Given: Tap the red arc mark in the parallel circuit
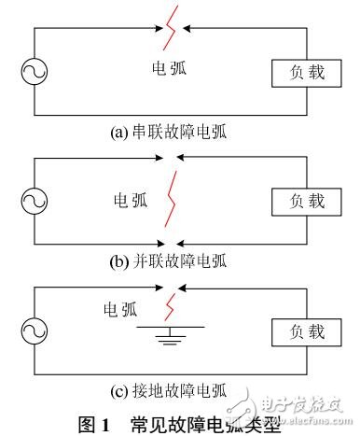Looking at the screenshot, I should click(170, 198).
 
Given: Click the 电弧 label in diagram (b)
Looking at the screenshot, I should click(130, 198).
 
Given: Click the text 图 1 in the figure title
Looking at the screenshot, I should click(94, 423).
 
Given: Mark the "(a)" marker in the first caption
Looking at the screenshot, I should click(119, 132).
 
